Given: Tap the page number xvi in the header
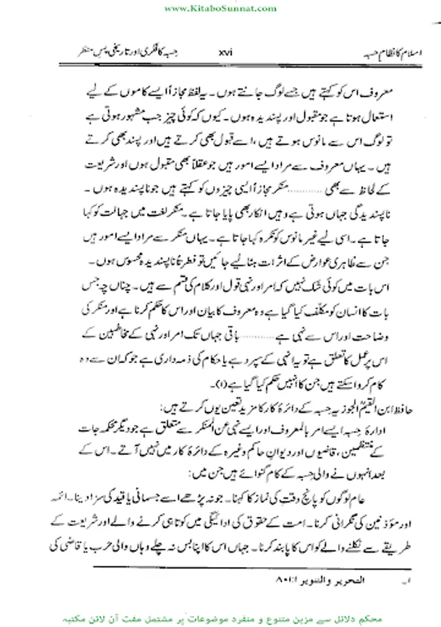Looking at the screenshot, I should [224, 52].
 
